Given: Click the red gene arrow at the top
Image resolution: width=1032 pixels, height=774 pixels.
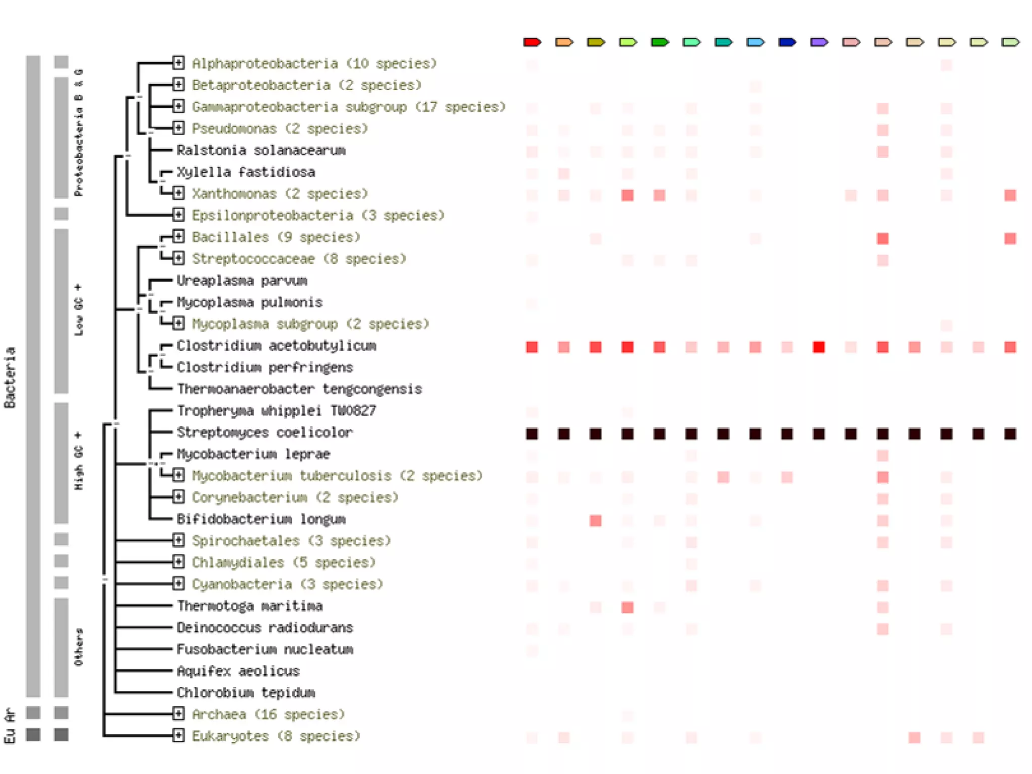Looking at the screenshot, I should click(532, 42).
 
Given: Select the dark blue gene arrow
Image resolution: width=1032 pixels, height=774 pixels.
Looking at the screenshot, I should click(787, 42).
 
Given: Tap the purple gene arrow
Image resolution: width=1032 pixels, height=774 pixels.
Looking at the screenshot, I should click(819, 42).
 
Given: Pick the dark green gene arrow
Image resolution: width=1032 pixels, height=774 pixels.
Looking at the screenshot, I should click(659, 42).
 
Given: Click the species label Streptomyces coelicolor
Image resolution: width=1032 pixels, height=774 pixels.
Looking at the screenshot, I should click(265, 432).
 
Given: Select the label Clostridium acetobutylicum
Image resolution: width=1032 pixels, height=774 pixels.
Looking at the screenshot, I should click(276, 346).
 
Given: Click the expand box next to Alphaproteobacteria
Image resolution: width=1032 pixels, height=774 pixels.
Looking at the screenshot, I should click(178, 63).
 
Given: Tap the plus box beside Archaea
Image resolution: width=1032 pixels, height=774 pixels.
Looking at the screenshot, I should click(178, 714).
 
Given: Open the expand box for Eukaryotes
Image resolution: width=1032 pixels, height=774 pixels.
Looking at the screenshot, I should click(178, 735).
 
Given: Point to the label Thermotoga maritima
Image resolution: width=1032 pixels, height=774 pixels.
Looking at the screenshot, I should click(249, 606).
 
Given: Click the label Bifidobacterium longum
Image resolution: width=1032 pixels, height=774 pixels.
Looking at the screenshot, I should click(261, 519).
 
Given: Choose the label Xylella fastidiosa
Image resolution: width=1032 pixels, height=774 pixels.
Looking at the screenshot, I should click(246, 172).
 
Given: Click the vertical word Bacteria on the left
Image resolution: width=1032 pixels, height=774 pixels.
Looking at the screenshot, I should click(10, 377).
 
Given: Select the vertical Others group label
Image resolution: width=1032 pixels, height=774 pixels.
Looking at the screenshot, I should click(79, 647).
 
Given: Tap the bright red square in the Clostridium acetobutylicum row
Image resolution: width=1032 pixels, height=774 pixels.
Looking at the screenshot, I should click(819, 347).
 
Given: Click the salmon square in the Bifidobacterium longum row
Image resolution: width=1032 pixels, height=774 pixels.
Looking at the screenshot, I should click(596, 521).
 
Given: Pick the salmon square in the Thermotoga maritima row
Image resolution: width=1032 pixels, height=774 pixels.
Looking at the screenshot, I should click(627, 607).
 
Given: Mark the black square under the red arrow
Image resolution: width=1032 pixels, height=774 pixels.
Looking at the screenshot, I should click(532, 434).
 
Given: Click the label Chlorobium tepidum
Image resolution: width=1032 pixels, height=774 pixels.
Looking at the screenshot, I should click(246, 692).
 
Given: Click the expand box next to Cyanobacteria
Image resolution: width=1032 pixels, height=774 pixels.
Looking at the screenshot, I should click(178, 584).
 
